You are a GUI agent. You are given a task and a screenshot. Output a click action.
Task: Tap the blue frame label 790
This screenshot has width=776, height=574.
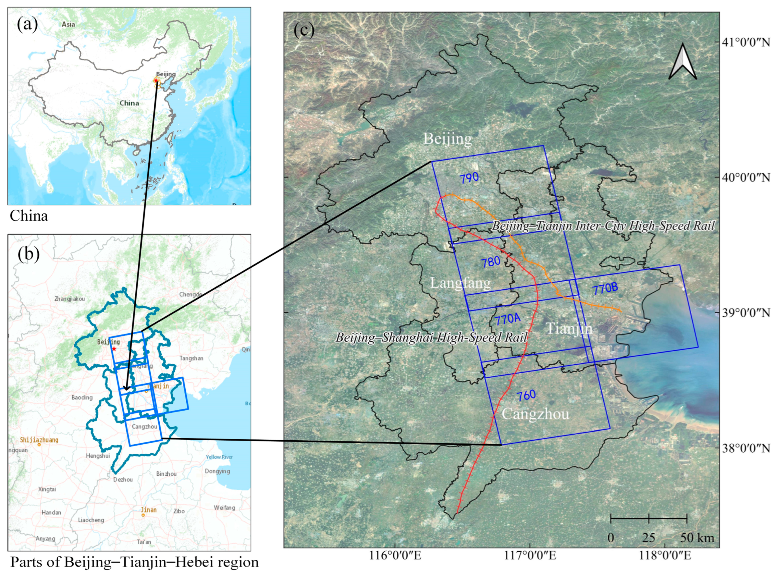(469, 179)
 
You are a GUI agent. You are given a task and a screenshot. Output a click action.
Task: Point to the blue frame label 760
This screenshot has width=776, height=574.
(526, 395)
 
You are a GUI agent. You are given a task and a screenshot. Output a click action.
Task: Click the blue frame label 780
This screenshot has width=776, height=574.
(491, 262)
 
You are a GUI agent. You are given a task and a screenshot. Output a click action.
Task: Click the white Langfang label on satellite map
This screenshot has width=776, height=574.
(460, 283)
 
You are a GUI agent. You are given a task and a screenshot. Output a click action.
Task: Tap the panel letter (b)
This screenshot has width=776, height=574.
(29, 254)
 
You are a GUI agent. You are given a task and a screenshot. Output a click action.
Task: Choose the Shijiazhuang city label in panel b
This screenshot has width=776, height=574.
(39, 440)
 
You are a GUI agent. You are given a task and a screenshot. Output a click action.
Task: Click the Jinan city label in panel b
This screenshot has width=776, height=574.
(148, 510)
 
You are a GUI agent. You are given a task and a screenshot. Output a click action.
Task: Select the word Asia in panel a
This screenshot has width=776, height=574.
(68, 24)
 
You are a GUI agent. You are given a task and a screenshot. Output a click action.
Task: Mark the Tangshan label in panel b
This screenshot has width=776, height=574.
(191, 358)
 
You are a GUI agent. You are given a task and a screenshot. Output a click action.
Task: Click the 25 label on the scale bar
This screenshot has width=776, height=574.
(648, 538)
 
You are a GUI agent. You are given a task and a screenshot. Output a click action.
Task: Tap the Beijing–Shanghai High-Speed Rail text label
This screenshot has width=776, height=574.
(431, 337)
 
